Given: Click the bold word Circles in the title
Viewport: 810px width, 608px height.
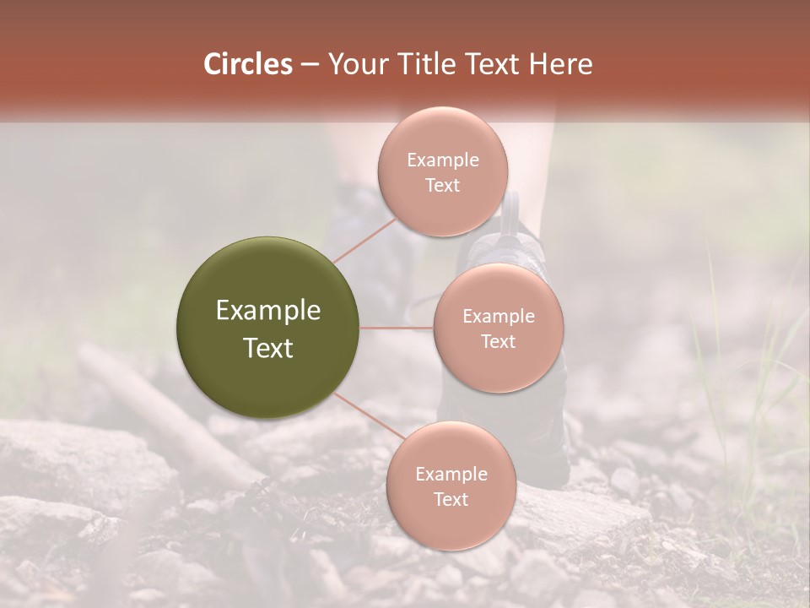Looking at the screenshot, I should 247,63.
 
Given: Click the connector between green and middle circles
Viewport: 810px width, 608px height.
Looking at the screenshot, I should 397,328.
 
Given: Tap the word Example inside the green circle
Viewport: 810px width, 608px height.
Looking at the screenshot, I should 268,311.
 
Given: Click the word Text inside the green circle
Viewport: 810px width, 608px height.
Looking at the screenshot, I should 268,348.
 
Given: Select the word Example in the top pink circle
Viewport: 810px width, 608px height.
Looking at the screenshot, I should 442,160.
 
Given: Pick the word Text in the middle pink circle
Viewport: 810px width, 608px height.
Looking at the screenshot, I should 498,341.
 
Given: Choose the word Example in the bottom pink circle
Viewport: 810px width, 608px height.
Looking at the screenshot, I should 451,475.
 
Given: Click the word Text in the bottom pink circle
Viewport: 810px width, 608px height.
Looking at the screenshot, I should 451,500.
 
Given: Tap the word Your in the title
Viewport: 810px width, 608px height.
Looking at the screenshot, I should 354,63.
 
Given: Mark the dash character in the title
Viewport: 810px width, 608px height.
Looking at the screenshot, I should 309,64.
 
